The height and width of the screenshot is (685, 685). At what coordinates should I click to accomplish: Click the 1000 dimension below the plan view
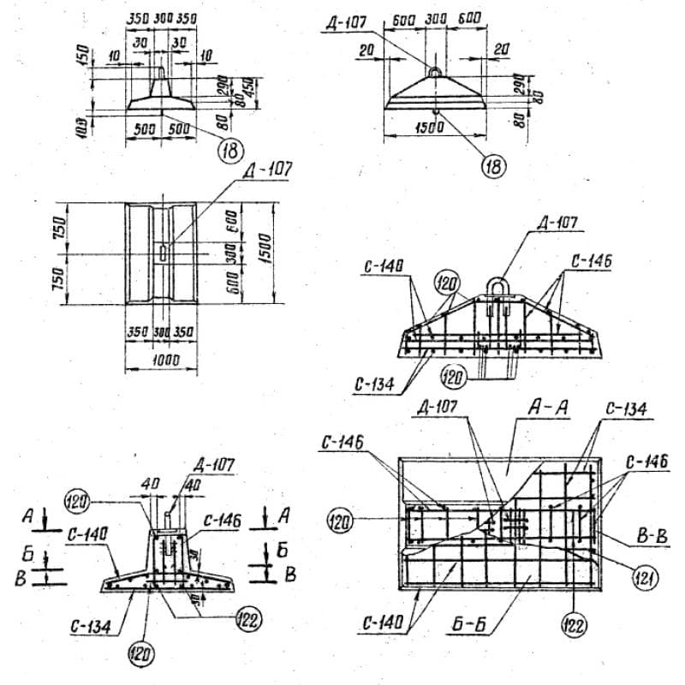click(x=161, y=360)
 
